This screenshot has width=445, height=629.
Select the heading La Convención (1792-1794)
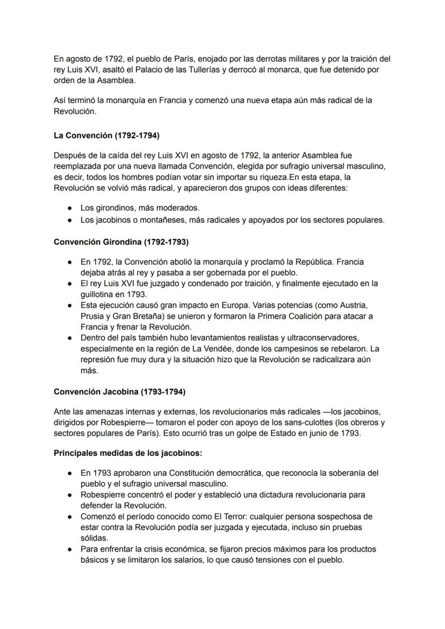click(x=106, y=136)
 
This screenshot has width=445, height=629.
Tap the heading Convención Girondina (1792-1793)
click(x=121, y=242)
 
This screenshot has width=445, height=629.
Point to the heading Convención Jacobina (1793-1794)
click(x=119, y=391)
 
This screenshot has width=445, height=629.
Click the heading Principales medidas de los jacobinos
click(x=127, y=453)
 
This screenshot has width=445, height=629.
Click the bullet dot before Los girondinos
click(x=70, y=208)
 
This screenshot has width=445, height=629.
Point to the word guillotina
click(x=98, y=294)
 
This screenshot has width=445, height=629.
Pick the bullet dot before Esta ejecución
click(x=70, y=305)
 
